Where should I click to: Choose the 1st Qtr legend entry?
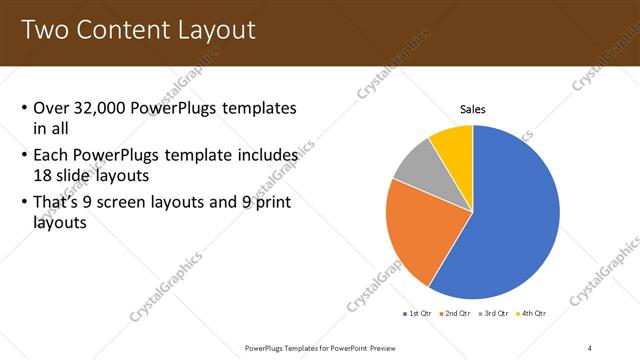click(416, 314)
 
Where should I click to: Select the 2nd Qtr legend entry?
click(455, 314)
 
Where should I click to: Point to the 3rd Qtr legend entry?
click(494, 314)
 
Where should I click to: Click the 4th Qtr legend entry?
click(531, 314)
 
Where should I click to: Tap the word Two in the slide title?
click(45, 29)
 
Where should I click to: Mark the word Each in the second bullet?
click(53, 155)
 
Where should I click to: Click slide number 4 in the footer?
click(589, 347)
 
